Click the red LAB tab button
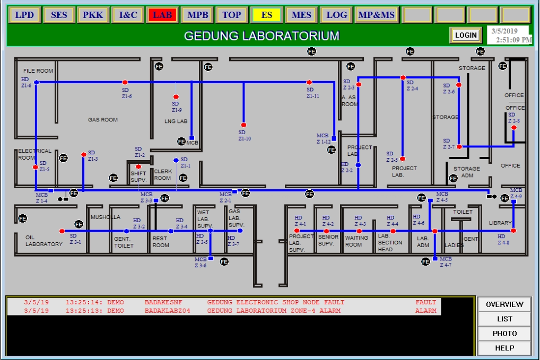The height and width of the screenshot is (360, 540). pos(162,15)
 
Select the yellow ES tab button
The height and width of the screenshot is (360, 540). pos(266,15)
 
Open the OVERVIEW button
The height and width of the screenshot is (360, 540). pos(504,304)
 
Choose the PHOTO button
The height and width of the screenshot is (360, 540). pos(504,333)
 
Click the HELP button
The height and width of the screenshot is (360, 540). pos(504,348)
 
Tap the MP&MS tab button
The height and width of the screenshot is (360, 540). pos(376,15)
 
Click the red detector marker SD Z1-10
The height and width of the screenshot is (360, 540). pos(244,125)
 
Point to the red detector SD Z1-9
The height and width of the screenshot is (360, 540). pos(176,97)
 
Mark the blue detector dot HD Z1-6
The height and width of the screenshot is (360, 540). pos(37,82)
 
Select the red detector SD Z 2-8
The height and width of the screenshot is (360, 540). pos(513,128)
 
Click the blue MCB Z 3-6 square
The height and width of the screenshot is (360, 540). pos(211,258)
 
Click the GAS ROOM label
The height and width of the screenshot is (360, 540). pos(103,120)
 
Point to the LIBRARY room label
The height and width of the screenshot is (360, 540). pos(500,223)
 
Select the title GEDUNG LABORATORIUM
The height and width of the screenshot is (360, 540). pos(262,36)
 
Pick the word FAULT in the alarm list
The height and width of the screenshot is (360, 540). pos(425,302)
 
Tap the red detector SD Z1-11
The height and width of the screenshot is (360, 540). pos(309,82)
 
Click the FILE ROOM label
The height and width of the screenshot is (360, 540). pos(38,71)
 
